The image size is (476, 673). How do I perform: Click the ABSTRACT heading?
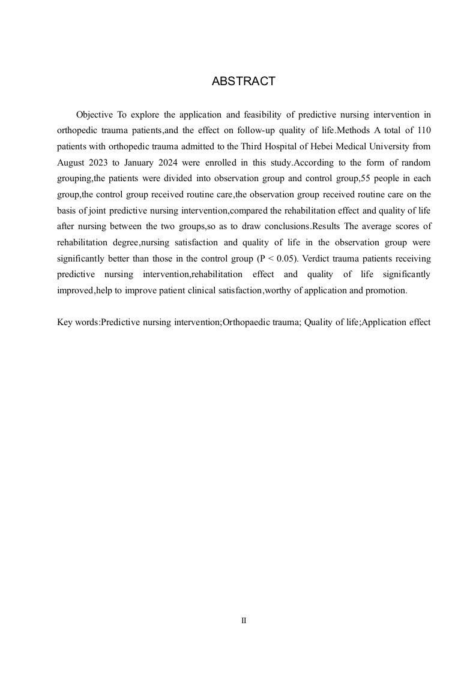[243, 82]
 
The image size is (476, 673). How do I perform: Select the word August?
[71, 163]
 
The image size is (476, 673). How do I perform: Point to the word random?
[415, 163]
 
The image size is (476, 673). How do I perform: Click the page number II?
[243, 621]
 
